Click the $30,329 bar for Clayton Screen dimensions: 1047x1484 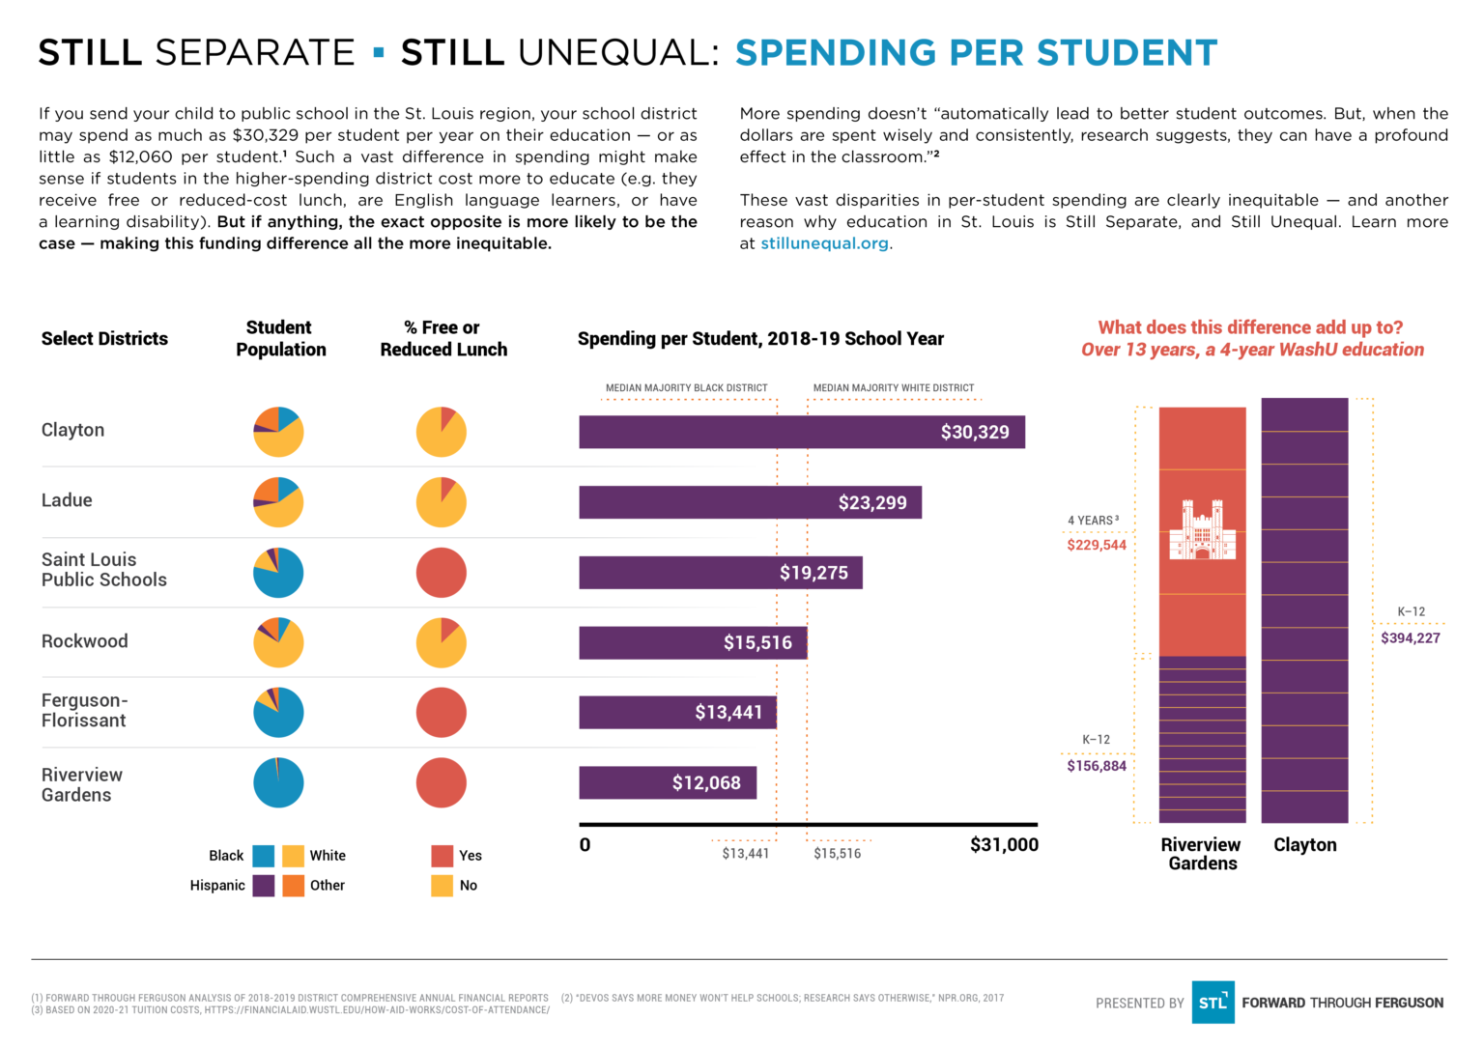(x=801, y=432)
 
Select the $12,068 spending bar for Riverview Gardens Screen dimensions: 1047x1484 (x=668, y=782)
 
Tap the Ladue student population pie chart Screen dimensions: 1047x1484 (x=278, y=502)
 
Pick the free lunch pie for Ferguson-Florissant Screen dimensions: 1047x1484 (x=442, y=713)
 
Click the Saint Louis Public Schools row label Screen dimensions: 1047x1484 (x=104, y=570)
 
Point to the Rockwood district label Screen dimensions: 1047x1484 (x=85, y=641)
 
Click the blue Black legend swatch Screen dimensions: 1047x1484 (x=264, y=856)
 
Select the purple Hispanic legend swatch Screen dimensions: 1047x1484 (x=264, y=886)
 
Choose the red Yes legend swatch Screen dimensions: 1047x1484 (x=442, y=856)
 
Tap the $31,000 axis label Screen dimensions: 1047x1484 (x=1004, y=845)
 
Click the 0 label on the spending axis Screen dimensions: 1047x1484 (x=585, y=845)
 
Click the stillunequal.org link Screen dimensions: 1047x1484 (x=824, y=243)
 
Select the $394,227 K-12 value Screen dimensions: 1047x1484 (x=1410, y=638)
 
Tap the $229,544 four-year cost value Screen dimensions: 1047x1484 (x=1097, y=546)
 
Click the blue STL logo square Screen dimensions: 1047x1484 (x=1213, y=1003)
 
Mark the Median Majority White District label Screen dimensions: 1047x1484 (x=893, y=388)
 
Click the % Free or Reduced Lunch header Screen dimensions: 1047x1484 (x=443, y=339)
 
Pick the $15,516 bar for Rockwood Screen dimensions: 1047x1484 (x=693, y=642)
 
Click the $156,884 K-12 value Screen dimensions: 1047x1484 (x=1097, y=766)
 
